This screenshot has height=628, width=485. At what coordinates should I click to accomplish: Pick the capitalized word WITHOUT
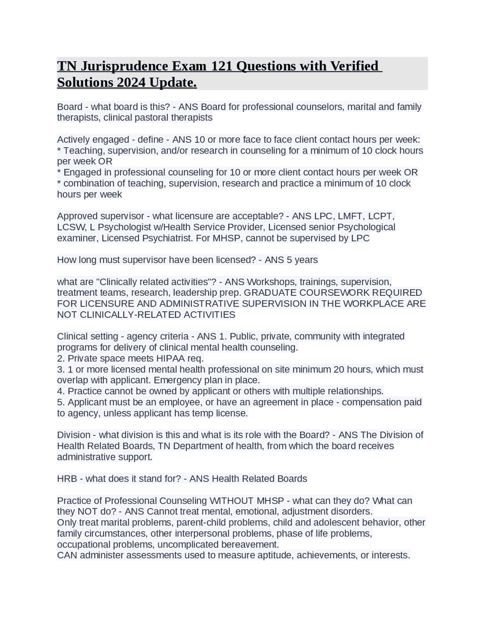pos(231,501)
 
